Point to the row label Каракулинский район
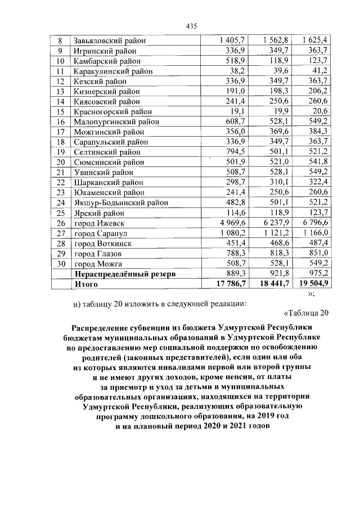point(111,71)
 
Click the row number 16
point(61,121)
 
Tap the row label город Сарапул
point(101,233)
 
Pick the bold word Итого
point(86,284)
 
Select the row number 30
point(61,263)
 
